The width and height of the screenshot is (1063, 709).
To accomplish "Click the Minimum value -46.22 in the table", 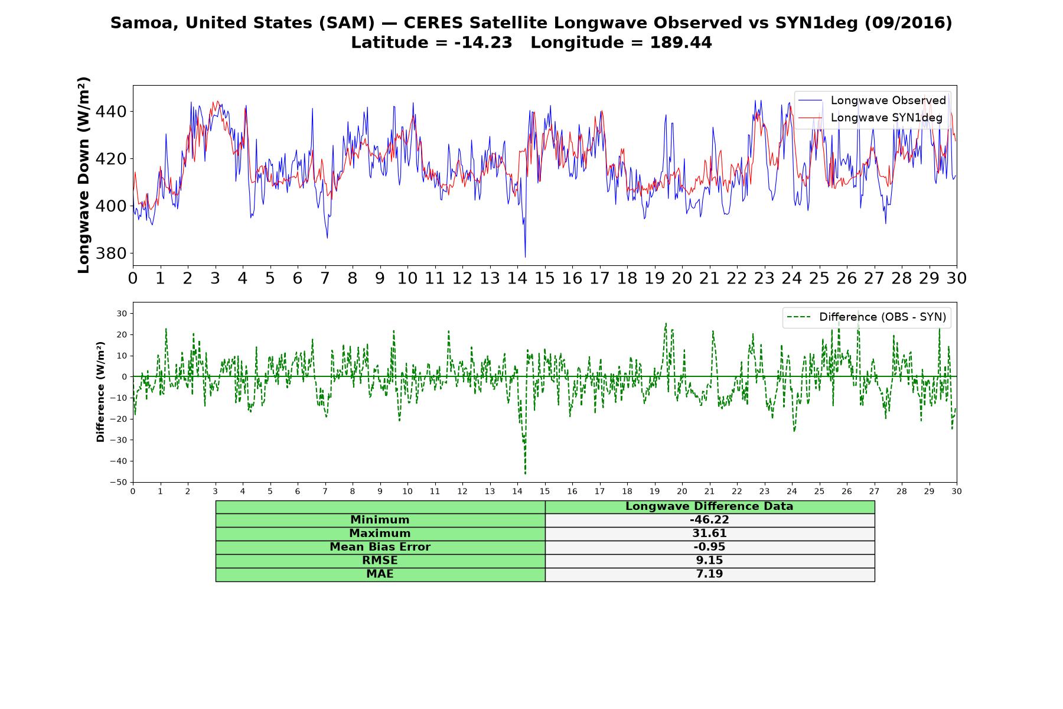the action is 709,520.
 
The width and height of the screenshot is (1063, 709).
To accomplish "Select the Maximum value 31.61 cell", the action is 709,534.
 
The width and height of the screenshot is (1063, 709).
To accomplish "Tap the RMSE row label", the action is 380,561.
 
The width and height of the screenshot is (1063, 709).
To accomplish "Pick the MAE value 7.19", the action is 709,574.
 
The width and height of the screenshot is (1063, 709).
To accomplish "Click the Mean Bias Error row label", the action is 380,547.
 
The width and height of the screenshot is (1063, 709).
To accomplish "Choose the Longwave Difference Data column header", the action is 709,506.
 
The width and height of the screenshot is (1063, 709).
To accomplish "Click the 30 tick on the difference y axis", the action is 122,313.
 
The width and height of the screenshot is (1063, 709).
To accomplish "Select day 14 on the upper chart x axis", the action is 517,278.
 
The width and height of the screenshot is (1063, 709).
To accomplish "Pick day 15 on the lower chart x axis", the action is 544,491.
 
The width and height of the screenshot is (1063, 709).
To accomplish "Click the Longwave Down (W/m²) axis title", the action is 84,175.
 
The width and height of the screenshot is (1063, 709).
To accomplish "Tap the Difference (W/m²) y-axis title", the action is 100,392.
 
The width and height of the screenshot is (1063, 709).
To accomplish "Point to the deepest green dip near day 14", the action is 525,473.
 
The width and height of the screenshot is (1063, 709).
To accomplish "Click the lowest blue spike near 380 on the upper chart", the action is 525,256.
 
